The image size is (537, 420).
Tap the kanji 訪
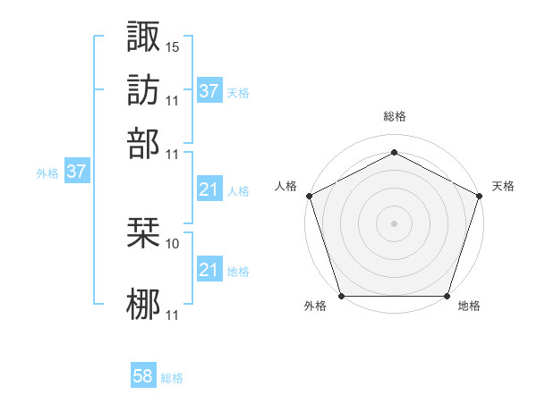coord(144,90)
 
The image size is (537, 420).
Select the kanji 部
coord(144,143)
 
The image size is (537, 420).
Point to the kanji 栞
coord(144,233)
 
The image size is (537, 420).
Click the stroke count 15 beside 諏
coord(173,46)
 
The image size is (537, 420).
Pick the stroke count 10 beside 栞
coord(173,243)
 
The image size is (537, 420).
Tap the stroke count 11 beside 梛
coord(173,315)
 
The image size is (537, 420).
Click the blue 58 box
coord(143,377)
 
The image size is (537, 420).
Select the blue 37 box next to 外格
coord(76,172)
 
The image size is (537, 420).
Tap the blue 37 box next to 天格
coord(209,90)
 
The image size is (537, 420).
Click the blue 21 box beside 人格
coord(209,189)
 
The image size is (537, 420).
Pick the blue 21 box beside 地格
coord(209,269)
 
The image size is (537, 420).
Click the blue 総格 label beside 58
coord(172,378)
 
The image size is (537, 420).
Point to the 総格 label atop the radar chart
coord(395,117)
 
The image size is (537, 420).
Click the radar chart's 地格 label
coord(469,307)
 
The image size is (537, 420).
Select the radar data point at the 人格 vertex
coord(309,195)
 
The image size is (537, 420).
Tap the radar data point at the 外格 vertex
coord(341,296)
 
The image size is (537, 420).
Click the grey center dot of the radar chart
coord(395,223)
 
